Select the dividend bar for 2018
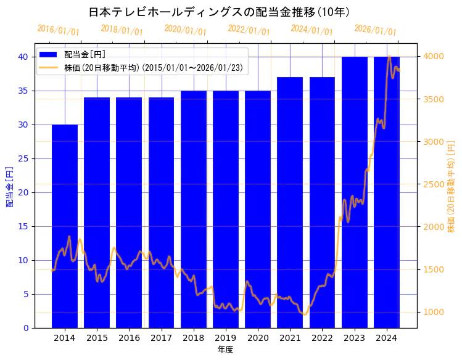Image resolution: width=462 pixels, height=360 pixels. tap(194, 209)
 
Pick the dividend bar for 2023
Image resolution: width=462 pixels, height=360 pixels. tap(355, 192)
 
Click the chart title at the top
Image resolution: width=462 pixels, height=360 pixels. tap(228, 12)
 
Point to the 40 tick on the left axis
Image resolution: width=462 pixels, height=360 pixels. tap(23, 57)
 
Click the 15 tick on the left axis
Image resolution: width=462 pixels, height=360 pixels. tap(23, 226)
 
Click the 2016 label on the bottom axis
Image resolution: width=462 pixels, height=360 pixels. tap(129, 338)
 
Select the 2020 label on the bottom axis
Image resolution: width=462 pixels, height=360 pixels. tap(258, 338)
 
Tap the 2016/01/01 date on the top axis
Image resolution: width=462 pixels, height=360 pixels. tap(58, 30)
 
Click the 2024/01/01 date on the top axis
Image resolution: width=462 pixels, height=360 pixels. tap(311, 30)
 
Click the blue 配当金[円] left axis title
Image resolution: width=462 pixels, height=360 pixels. tap(9, 186)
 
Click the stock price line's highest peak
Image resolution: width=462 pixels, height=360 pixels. tap(389, 57)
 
